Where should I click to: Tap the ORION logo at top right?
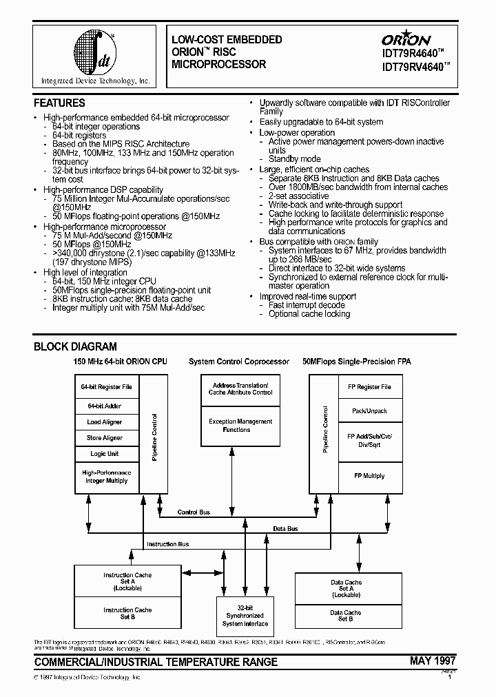(406, 39)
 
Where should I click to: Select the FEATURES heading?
(60, 103)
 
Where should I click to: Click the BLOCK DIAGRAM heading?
(75, 347)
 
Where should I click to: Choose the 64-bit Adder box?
(105, 406)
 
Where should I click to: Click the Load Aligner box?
(105, 422)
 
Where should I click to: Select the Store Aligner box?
(105, 438)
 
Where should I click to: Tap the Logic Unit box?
(105, 454)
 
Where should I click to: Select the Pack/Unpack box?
(369, 411)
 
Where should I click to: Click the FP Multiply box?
(369, 476)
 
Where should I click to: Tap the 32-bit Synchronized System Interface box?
(245, 615)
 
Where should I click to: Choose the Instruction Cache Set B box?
(127, 613)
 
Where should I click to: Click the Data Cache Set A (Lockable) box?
(345, 588)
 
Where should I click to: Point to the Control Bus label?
(194, 513)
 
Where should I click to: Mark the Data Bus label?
(286, 529)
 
